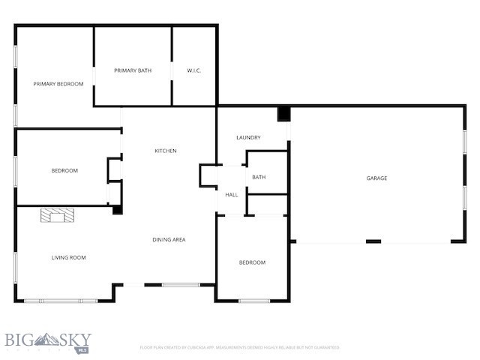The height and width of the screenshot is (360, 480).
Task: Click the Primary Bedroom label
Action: (58, 84)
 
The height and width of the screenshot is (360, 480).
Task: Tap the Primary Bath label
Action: (133, 70)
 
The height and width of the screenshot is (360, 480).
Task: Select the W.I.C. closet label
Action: (194, 70)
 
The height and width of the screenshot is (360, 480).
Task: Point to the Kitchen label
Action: (166, 151)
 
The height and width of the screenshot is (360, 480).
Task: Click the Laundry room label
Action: (248, 137)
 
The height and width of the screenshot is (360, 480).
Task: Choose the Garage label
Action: (376, 178)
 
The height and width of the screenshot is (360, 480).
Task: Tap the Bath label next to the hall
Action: (259, 177)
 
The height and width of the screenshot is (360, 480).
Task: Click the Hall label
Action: (232, 194)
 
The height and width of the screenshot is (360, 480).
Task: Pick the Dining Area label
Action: (169, 239)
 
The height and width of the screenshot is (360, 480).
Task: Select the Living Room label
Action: (68, 257)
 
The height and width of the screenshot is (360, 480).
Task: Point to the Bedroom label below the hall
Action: (252, 262)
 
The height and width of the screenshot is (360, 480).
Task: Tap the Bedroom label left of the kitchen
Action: (64, 170)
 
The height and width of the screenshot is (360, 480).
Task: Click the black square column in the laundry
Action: (283, 114)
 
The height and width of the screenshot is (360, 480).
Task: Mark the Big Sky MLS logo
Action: (46, 342)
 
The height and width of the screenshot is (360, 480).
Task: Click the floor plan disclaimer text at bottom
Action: (240, 347)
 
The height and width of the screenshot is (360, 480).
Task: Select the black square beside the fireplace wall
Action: (117, 210)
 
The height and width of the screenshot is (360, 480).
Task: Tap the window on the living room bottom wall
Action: (61, 301)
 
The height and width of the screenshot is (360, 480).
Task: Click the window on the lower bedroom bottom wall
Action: (254, 301)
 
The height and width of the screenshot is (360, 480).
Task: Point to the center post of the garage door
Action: (373, 241)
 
